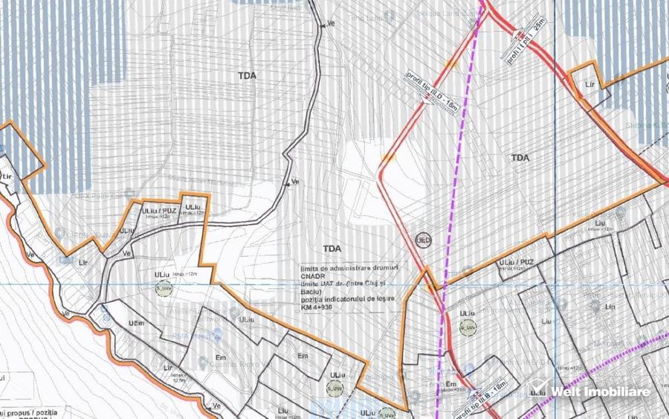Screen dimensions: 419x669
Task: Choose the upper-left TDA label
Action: click(247, 76)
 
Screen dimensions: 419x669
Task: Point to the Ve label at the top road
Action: click(331, 24)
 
